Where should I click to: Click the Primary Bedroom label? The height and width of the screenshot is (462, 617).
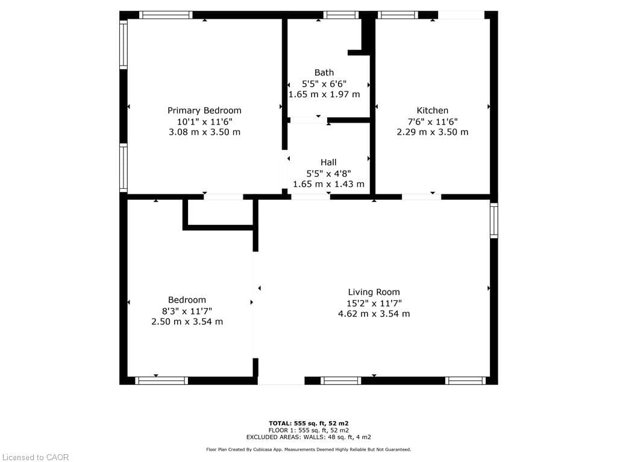(x=204, y=110)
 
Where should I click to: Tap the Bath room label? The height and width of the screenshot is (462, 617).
(x=324, y=73)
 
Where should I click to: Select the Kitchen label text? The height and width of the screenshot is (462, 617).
(x=432, y=110)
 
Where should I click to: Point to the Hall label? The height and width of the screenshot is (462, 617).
(x=328, y=162)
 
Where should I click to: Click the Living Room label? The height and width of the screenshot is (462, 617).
(x=374, y=292)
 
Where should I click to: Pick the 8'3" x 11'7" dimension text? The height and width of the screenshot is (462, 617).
(x=187, y=310)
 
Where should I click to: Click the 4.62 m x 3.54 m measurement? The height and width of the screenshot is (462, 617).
(x=374, y=313)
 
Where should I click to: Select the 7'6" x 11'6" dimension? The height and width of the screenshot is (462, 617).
(x=432, y=121)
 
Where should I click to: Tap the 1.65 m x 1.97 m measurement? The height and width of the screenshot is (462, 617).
(x=324, y=94)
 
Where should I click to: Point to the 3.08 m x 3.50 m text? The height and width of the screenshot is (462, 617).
(x=204, y=132)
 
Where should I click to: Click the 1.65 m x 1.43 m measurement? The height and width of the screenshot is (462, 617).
(x=328, y=183)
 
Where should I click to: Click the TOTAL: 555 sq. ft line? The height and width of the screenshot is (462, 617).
(x=308, y=423)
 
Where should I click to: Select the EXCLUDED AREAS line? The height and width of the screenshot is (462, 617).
(x=308, y=437)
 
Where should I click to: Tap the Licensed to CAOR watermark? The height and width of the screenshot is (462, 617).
(x=35, y=457)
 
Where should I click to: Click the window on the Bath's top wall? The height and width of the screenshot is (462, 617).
(x=340, y=15)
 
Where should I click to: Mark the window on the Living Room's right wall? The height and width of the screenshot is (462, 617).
(x=494, y=220)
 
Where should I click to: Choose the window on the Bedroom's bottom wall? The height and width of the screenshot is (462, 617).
(x=161, y=380)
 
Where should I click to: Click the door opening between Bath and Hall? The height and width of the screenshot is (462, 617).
(x=308, y=120)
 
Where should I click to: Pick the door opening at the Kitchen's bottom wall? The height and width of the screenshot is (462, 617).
(x=421, y=197)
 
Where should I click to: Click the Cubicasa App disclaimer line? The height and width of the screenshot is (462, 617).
(x=308, y=449)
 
